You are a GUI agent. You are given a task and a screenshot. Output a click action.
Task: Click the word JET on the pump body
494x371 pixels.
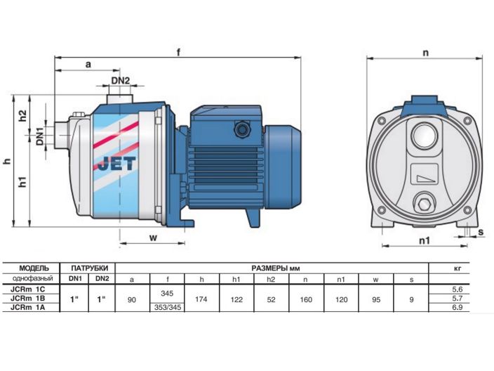[116, 164]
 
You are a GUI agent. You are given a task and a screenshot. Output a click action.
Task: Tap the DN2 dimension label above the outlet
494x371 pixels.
[121, 81]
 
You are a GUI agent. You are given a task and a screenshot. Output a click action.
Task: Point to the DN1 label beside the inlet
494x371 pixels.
[39, 136]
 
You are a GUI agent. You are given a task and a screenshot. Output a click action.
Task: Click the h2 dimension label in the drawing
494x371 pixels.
[22, 115]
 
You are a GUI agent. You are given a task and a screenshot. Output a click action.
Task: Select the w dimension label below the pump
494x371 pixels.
[153, 237]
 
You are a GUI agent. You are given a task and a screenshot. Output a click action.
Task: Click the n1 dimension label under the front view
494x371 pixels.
[425, 241]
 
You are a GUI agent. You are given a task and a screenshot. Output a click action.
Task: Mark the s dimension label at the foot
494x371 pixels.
[481, 232]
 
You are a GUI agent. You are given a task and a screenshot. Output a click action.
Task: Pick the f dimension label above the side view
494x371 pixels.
[178, 52]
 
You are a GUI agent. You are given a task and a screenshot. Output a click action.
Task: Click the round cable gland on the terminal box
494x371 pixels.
[241, 129]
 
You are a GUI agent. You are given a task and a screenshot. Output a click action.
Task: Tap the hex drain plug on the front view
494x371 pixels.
[425, 204]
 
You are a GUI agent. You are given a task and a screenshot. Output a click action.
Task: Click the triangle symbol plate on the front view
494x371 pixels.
[425, 174]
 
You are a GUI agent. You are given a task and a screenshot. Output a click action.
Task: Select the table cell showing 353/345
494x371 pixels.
[167, 307]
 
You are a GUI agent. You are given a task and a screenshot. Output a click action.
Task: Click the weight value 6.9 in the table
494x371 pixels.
[457, 307]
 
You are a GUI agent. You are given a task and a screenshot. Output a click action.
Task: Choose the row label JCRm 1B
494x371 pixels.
[28, 299]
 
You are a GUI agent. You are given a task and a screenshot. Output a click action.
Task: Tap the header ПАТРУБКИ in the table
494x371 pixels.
[89, 268]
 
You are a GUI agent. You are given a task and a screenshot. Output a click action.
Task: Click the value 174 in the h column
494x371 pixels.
[201, 299]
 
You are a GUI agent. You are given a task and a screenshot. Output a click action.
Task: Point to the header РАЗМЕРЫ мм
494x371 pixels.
[275, 268]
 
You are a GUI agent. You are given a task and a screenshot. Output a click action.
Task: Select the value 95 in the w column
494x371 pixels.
[376, 299]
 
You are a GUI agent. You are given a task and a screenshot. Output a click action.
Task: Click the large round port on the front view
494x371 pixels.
[425, 136]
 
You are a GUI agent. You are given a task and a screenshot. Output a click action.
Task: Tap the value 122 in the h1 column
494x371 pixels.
[236, 299]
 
